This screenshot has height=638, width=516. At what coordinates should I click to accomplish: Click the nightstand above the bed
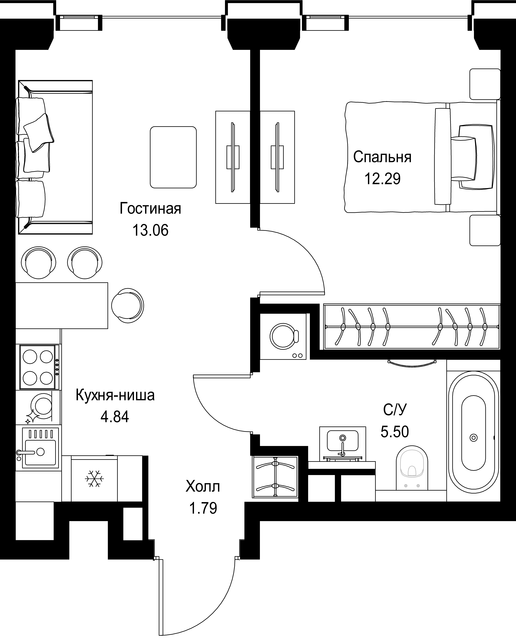tap(485, 84)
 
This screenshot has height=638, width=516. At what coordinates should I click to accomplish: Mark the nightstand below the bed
tap(485, 230)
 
